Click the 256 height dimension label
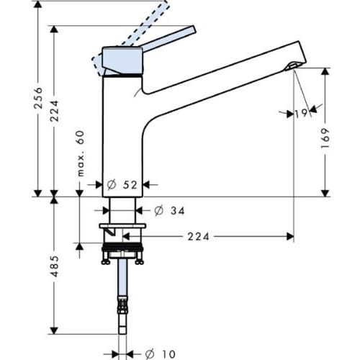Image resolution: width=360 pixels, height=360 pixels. (x=38, y=98)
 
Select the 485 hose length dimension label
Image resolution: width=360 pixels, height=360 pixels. (x=55, y=266)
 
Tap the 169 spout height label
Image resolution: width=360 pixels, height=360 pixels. (x=325, y=138)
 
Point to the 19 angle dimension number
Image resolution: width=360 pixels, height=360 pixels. (x=301, y=113)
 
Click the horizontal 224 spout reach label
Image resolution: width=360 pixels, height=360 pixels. (x=198, y=237)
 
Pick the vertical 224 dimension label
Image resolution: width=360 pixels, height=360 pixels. (x=55, y=111)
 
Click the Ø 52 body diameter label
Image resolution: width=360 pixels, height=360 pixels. (x=122, y=185)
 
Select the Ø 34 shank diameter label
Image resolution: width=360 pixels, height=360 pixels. (x=169, y=211)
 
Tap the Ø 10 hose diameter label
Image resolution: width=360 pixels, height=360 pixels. (x=161, y=354)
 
